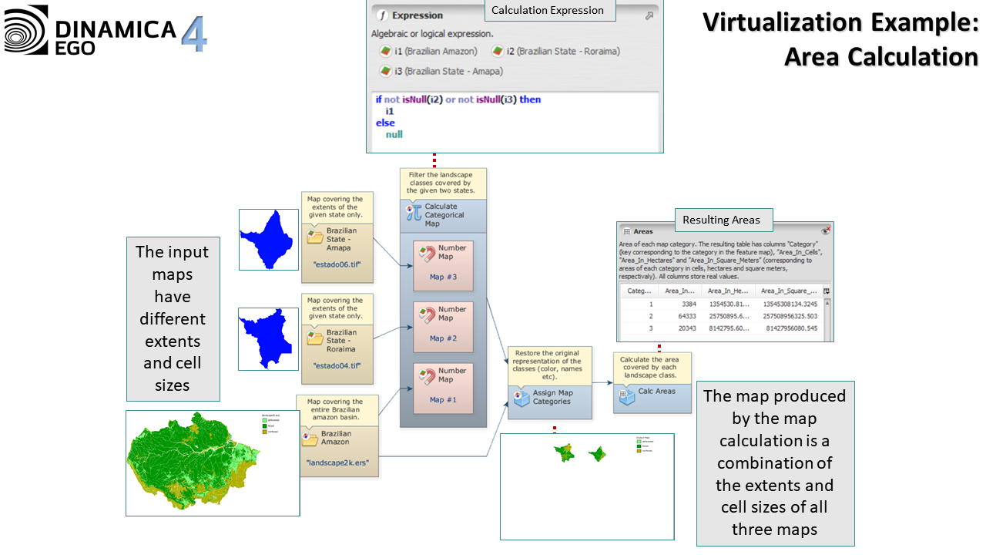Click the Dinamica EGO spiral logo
click(26, 30)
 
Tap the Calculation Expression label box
click(548, 10)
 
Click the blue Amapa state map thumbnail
click(268, 239)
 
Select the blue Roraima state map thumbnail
click(268, 338)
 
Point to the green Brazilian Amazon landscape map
click(212, 463)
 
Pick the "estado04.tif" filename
click(337, 365)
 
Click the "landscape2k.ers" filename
click(337, 463)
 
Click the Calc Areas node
click(651, 392)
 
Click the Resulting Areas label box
click(721, 220)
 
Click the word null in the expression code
click(394, 134)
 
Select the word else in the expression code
click(385, 123)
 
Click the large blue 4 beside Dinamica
click(194, 34)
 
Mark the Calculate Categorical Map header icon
click(413, 212)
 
